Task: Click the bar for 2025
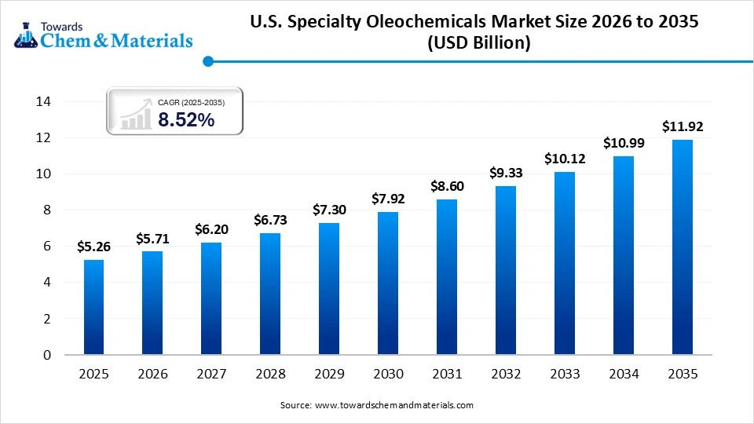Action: (x=93, y=307)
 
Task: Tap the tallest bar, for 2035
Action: (x=682, y=247)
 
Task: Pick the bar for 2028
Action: (x=269, y=294)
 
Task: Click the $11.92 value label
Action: (x=682, y=126)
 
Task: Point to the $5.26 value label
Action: (x=93, y=247)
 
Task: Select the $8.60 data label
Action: (x=446, y=186)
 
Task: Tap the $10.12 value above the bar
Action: (x=564, y=159)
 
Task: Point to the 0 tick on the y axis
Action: (x=46, y=355)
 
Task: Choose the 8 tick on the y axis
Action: (x=46, y=210)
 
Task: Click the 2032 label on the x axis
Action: (x=505, y=375)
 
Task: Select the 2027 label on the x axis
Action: (x=210, y=375)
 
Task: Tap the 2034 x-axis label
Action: (x=623, y=375)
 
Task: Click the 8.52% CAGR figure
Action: (x=186, y=119)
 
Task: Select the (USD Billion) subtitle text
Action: (x=478, y=44)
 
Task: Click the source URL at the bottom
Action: (x=393, y=405)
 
